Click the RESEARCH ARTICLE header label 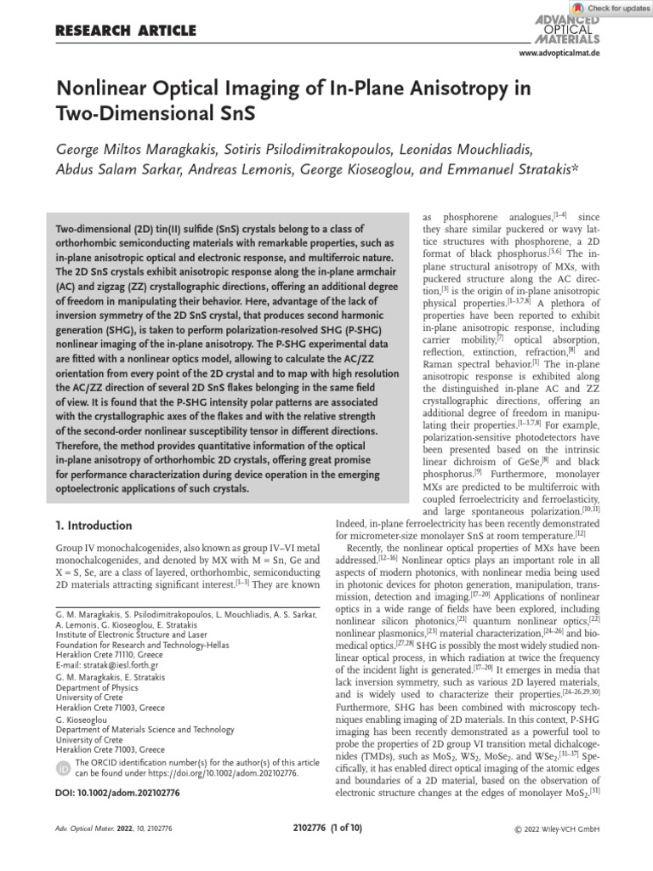(126, 31)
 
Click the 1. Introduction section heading (94, 526)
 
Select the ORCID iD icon (64, 769)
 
